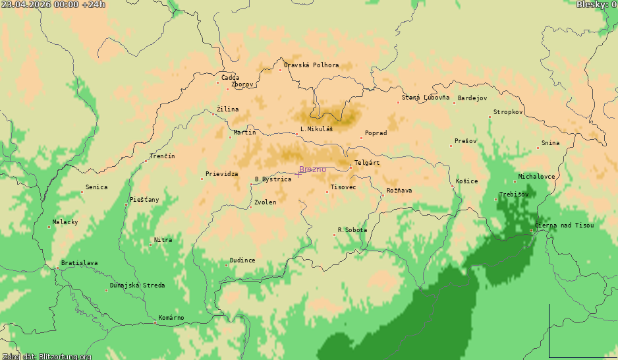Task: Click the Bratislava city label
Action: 79,263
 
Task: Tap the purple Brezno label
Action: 312,169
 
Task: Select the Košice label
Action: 467,181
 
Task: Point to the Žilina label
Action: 228,109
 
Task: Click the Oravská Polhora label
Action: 312,65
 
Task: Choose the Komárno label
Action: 171,318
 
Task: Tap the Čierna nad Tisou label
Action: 564,225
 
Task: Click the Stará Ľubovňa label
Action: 426,98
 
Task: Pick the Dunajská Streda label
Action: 138,285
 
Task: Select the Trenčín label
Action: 162,156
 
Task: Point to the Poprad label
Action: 376,133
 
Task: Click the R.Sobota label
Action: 352,230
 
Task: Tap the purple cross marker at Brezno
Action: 298,173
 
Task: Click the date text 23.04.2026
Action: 24,5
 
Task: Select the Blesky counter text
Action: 596,5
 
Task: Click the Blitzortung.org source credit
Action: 46,356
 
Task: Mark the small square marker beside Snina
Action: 538,148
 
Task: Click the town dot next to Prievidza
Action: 202,179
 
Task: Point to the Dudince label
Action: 242,260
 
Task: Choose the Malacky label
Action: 65,222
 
